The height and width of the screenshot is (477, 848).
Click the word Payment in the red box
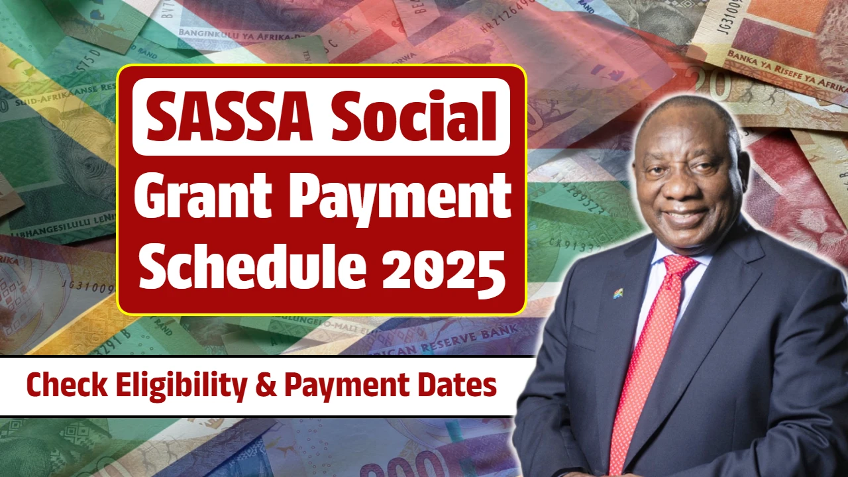[405, 198]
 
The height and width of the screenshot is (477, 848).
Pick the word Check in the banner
[64, 386]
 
